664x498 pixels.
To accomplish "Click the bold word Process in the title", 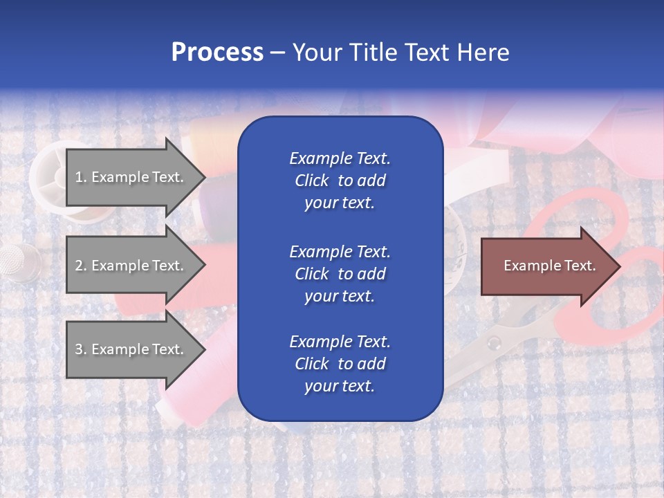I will point(217,53).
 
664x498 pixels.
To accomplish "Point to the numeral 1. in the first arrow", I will point(80,177).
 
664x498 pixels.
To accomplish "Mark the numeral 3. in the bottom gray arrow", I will point(80,349).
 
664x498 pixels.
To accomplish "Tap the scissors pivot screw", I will point(493,342).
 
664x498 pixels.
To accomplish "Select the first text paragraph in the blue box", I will point(340,181).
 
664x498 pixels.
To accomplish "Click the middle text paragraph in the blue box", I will point(340,274).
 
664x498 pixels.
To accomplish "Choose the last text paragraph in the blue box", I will point(340,364).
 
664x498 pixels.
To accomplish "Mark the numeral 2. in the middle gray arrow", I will point(80,266).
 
